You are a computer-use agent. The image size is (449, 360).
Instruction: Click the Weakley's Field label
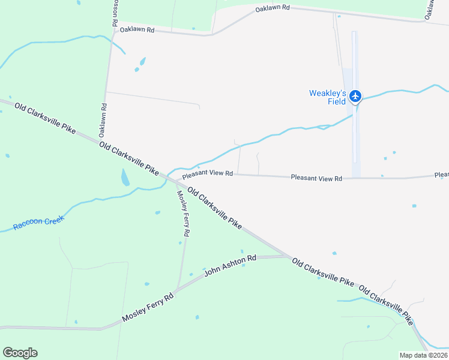328,97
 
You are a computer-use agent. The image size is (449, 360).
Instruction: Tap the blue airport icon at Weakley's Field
355,95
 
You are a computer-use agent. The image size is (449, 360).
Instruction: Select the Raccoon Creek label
38,223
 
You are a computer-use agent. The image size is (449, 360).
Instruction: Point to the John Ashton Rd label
231,265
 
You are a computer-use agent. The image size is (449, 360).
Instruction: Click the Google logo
20,353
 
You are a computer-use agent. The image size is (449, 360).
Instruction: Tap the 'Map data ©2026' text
423,355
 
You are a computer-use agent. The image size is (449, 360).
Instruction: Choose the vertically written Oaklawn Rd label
103,119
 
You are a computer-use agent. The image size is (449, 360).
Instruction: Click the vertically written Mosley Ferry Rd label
183,213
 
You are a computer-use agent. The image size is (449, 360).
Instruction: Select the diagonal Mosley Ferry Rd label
148,307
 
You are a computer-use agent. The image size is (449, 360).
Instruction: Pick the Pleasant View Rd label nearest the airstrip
316,178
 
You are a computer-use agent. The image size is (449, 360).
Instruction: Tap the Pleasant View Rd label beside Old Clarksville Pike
208,174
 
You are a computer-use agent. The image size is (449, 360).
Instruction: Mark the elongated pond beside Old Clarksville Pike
125,177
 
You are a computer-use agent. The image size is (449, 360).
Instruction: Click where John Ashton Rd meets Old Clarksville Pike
289,256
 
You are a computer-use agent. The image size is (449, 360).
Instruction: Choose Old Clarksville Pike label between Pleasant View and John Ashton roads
214,208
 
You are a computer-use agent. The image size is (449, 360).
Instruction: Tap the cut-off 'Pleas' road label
441,175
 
